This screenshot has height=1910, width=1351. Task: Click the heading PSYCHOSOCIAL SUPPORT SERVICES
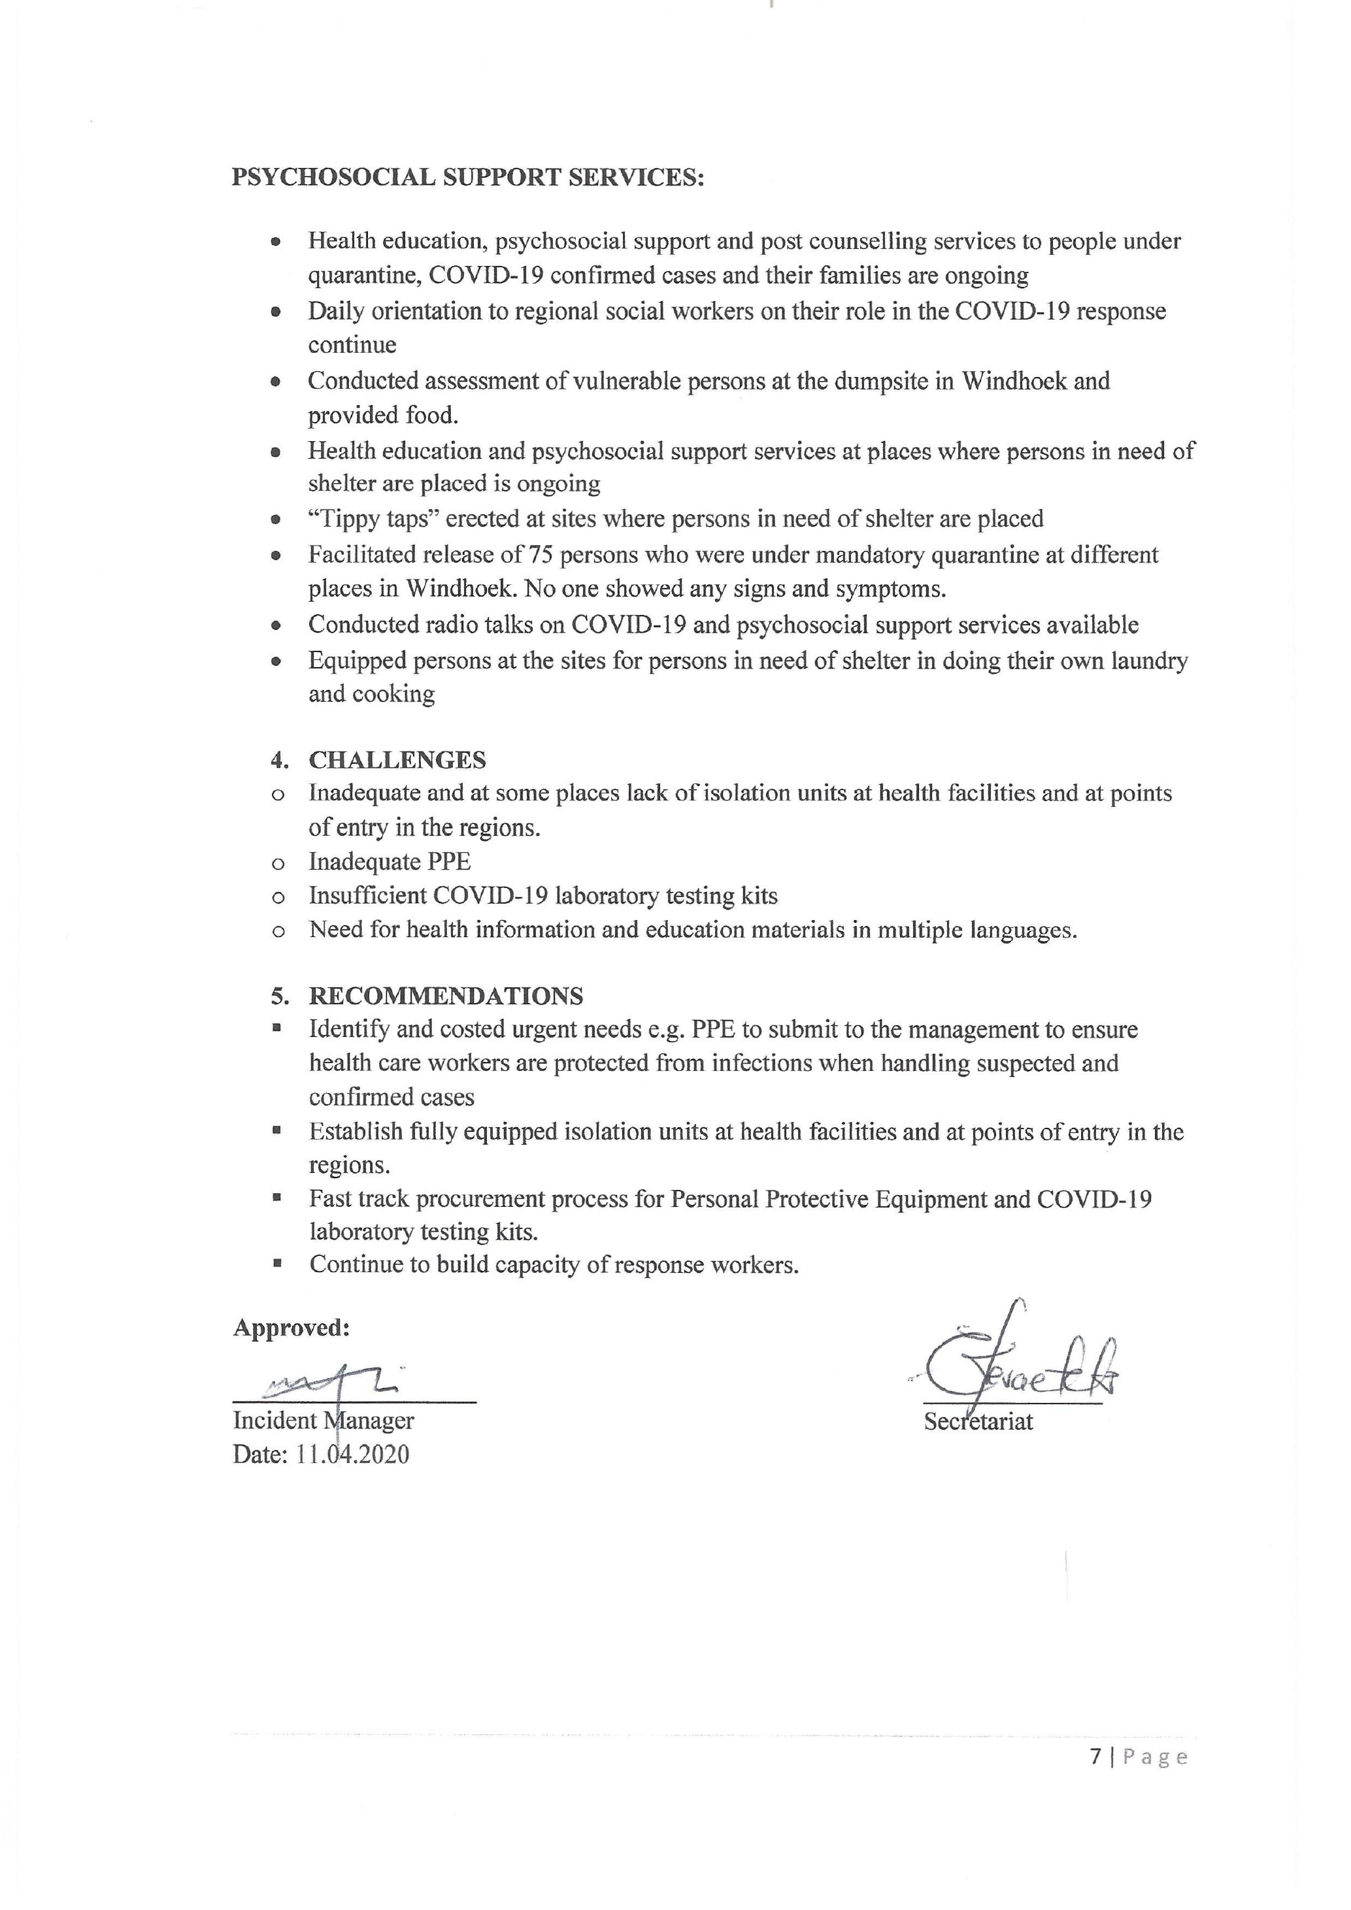click(x=467, y=178)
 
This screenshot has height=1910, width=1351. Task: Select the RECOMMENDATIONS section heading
click(x=446, y=996)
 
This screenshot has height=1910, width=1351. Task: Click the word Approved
click(x=290, y=1328)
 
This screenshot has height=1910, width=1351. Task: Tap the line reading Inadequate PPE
click(x=390, y=861)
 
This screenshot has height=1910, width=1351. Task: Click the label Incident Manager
click(x=323, y=1420)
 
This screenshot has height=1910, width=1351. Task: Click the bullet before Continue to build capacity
click(x=277, y=1264)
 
